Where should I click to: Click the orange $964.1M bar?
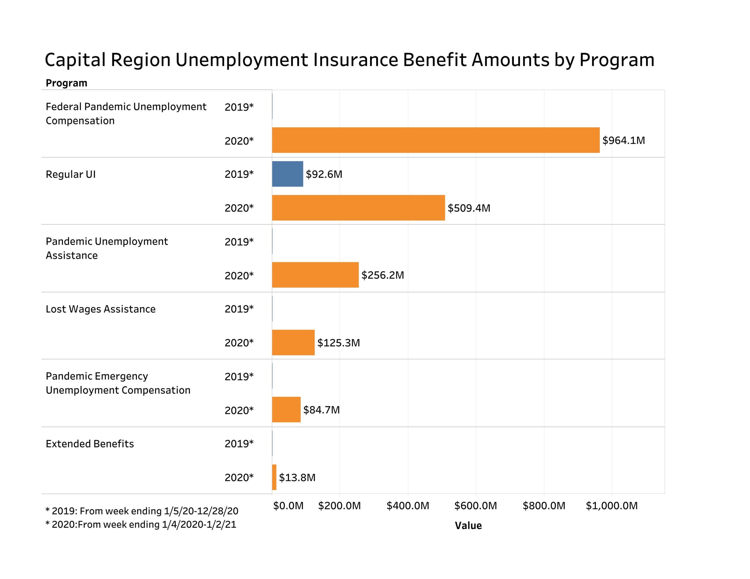pyautogui.click(x=435, y=140)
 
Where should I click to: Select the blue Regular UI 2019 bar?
pyautogui.click(x=287, y=174)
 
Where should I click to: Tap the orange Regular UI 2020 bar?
pyautogui.click(x=358, y=208)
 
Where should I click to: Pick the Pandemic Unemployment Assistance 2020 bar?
pyautogui.click(x=315, y=275)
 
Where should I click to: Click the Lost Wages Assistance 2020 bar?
pyautogui.click(x=293, y=342)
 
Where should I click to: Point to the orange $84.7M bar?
pyautogui.click(x=286, y=410)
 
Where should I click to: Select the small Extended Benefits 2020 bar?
pyautogui.click(x=274, y=477)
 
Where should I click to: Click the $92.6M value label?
pyautogui.click(x=324, y=174)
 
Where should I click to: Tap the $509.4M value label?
pyautogui.click(x=469, y=208)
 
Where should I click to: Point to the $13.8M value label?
pyautogui.click(x=297, y=477)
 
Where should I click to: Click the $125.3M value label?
pyautogui.click(x=338, y=343)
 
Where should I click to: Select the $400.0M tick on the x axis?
pyautogui.click(x=408, y=506)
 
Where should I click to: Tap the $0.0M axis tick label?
pyautogui.click(x=288, y=506)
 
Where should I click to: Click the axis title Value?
pyautogui.click(x=468, y=525)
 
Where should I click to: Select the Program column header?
pyautogui.click(x=66, y=83)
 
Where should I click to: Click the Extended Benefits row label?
pyautogui.click(x=90, y=444)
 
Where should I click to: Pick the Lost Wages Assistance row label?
pyautogui.click(x=100, y=309)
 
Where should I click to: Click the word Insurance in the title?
pyautogui.click(x=355, y=60)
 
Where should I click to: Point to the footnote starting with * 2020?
pyautogui.click(x=141, y=525)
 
